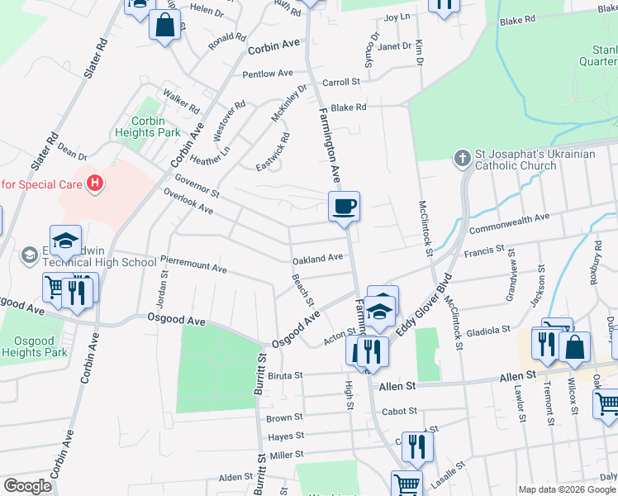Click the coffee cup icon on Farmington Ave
[x=344, y=206]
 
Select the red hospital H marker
[x=95, y=183]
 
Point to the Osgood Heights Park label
[x=34, y=346]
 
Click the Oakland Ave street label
[x=317, y=258]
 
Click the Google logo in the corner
[x=27, y=486]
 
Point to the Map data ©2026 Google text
[x=567, y=489]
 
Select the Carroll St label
[x=342, y=83]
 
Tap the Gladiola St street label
[x=487, y=330]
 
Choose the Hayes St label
[x=286, y=436]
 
